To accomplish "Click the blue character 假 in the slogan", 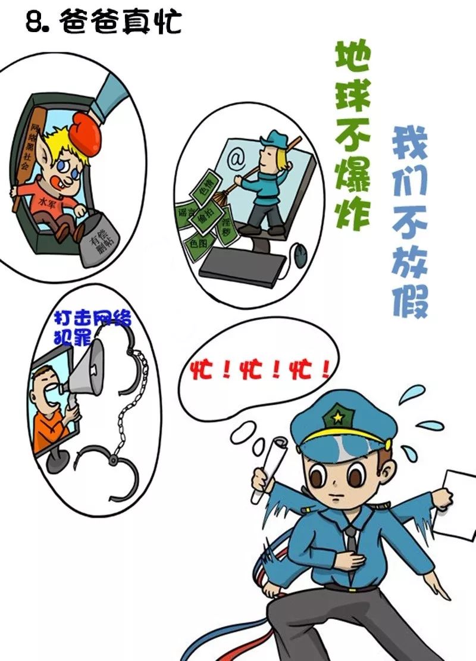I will [x=410, y=300].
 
